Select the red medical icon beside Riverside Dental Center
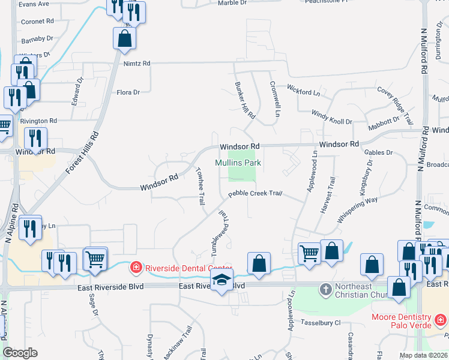click(x=137, y=267)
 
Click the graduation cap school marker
click(x=221, y=280)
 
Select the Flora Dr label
click(x=128, y=92)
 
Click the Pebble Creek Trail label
click(x=255, y=193)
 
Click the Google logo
click(x=20, y=353)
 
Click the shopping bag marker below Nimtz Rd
click(x=124, y=38)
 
